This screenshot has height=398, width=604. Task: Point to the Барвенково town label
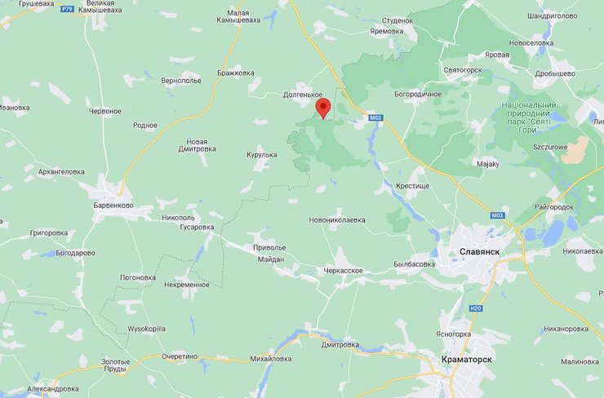[x=108, y=206]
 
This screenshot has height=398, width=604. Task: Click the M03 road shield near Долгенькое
[x=375, y=117]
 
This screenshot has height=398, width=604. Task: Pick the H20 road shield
[x=476, y=307]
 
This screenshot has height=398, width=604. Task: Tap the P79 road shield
[x=67, y=8]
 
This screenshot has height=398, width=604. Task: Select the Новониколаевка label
[x=337, y=220]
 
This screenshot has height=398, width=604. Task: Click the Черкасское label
[x=343, y=270]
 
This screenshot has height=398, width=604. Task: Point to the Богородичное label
[x=417, y=94]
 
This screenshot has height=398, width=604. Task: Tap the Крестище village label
[x=412, y=186]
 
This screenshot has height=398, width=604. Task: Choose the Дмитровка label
[x=340, y=344]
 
